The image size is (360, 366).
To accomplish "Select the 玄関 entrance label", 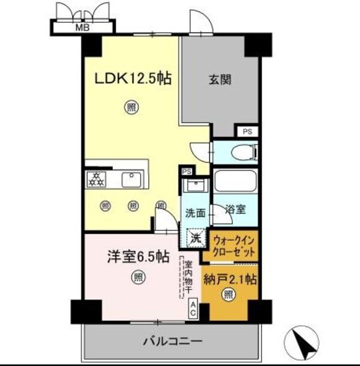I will pyautogui.click(x=221, y=79).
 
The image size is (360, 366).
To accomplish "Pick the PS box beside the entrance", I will pyautogui.click(x=247, y=131).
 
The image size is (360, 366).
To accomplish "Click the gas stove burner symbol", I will pyautogui.click(x=95, y=178).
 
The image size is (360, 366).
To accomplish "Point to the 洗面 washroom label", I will pyautogui.click(x=196, y=212).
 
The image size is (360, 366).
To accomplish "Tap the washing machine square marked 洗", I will pyautogui.click(x=195, y=238).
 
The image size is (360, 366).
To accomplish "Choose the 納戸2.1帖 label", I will pyautogui.click(x=230, y=278).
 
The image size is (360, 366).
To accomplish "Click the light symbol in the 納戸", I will pyautogui.click(x=229, y=295).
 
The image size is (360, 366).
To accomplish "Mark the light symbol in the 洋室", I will pyautogui.click(x=137, y=277).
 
